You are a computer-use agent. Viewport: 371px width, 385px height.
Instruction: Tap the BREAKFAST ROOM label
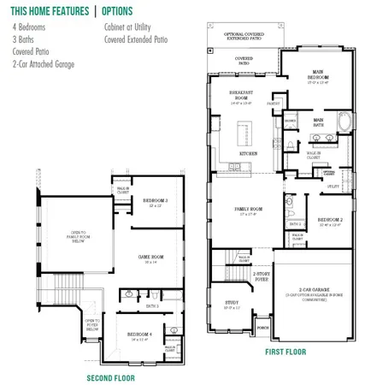pyautogui.click(x=239, y=94)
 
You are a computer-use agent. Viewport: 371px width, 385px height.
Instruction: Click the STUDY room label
pyautogui.click(x=231, y=303)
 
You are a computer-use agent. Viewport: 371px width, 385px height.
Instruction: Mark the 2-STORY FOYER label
pyautogui.click(x=262, y=276)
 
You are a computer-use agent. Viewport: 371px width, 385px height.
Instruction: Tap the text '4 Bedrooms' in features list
pyautogui.click(x=26, y=27)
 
